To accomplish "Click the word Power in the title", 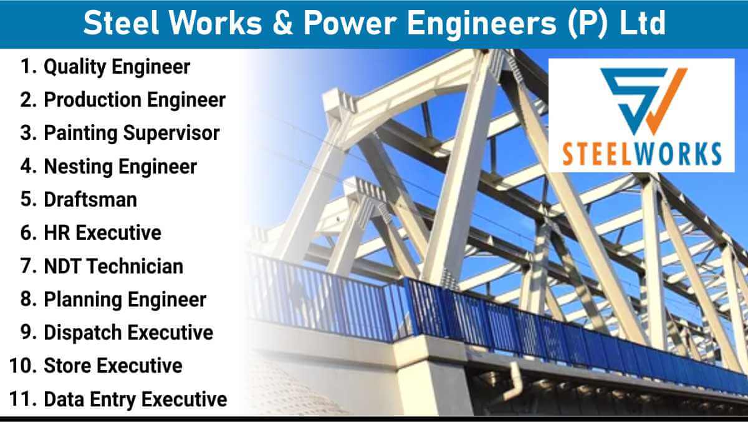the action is pos(350,22).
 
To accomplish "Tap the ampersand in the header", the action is pos(282,23).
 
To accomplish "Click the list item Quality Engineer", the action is pos(117,67).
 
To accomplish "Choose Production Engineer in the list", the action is pos(135,101).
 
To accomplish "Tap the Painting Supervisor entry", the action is pos(132,134).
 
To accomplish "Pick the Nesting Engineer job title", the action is pos(120,167).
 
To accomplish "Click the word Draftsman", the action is pos(90,200).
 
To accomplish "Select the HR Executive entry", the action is pos(102,233).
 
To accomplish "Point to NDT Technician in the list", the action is pos(113,266).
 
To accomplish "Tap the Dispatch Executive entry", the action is pos(128,333).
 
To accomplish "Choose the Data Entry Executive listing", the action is pos(135,400).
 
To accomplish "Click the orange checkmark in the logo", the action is pos(665,101).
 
